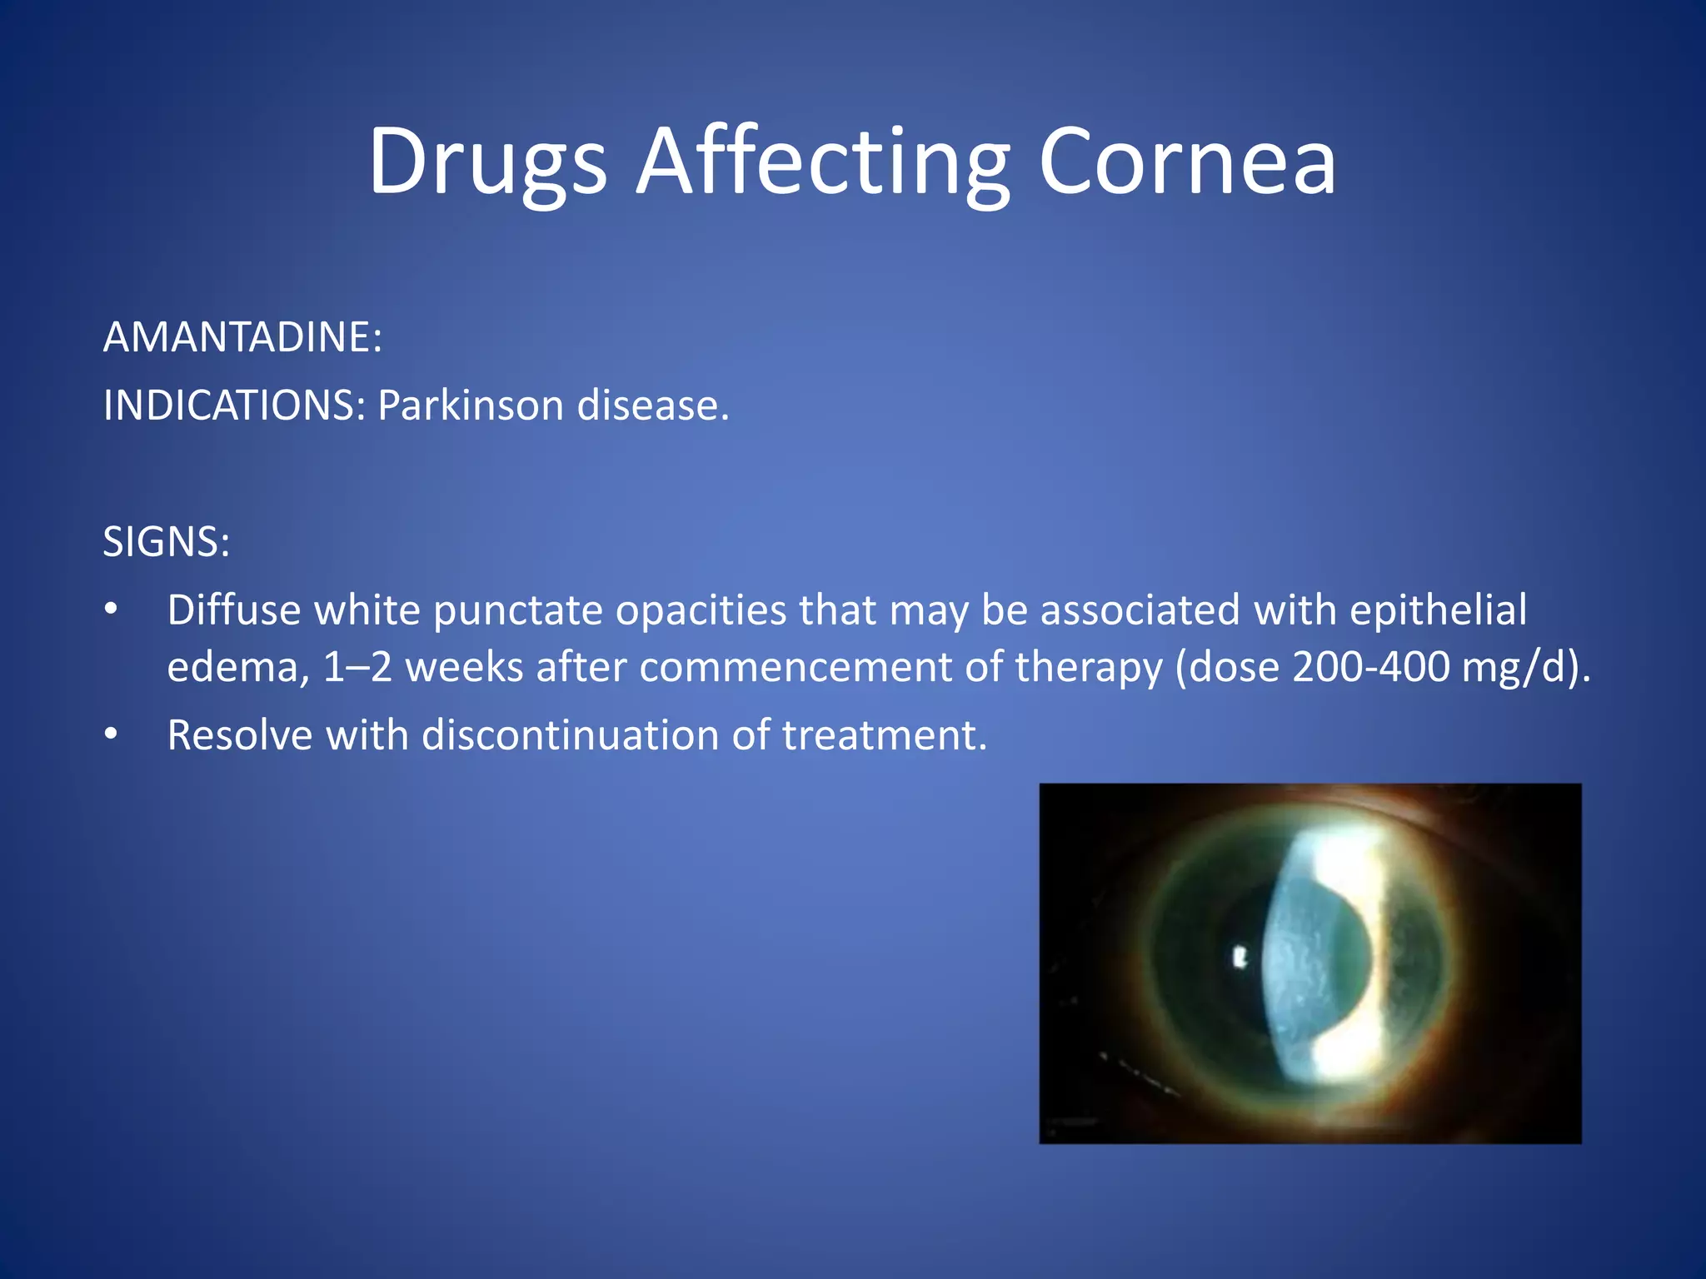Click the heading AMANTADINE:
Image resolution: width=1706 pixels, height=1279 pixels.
tap(242, 337)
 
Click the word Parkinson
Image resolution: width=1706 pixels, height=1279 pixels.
tap(471, 406)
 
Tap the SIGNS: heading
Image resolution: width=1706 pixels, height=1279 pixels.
tap(167, 542)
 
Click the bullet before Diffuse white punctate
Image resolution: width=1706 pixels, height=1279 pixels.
tap(111, 610)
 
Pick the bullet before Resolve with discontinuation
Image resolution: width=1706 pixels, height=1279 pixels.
tap(111, 735)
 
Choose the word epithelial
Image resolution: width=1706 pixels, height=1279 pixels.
tap(1438, 610)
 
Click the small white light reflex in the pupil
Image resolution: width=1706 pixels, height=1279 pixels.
tap(1240, 958)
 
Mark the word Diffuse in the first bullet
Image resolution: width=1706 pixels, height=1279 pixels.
tap(234, 610)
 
